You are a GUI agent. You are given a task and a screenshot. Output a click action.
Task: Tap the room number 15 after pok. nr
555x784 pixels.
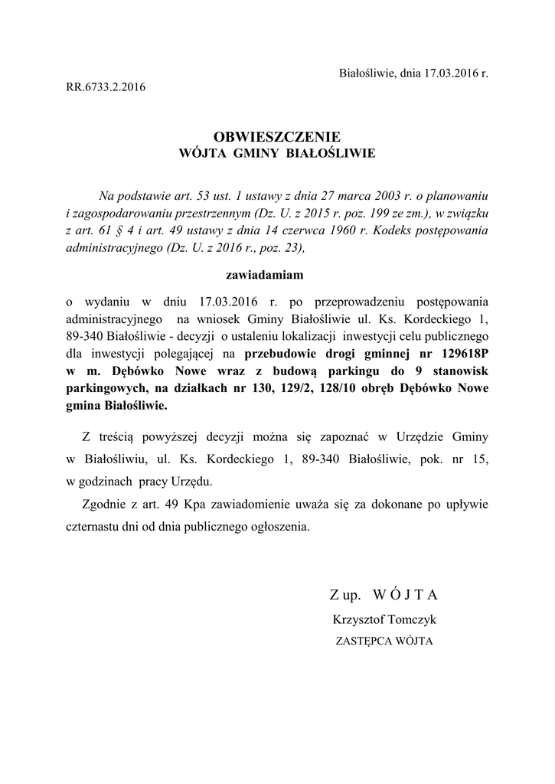[x=480, y=459]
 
